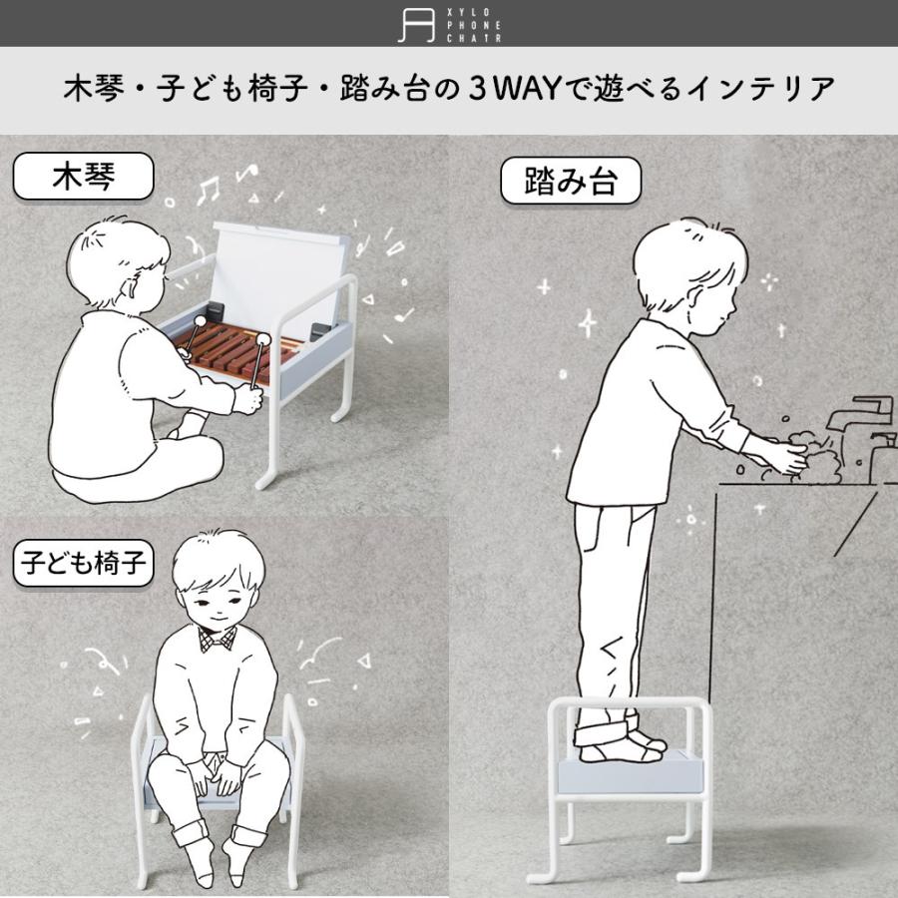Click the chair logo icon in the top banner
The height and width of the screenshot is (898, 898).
pos(416,24)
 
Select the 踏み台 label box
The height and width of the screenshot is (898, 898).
pos(570,183)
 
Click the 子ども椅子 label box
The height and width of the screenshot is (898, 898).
pos(83,565)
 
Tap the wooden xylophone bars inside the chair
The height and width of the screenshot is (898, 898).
pos(239,349)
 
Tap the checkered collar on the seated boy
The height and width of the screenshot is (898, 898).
pos(218,637)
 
